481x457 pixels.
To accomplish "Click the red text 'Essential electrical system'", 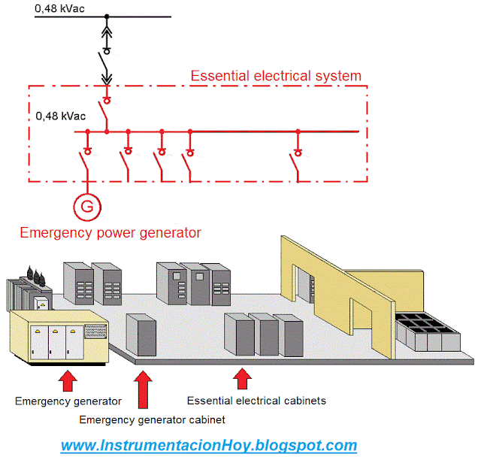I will coord(276,76).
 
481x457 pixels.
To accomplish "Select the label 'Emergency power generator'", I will coord(110,232).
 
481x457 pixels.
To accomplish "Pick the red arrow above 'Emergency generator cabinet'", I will coord(141,389).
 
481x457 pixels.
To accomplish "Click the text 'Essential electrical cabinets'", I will coord(256,401).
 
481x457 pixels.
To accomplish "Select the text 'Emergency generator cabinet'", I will coord(152,419).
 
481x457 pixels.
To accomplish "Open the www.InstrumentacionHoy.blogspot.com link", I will coord(208,445).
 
